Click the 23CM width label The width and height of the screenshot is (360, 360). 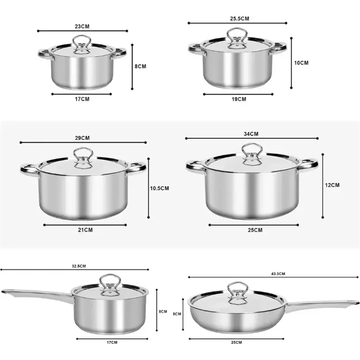click(82, 26)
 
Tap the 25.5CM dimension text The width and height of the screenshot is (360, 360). click(240, 19)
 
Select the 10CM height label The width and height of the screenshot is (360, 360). click(301, 63)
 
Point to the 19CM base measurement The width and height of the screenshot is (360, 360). click(239, 99)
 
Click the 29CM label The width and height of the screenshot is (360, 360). click(82, 138)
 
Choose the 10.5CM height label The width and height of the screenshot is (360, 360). click(159, 189)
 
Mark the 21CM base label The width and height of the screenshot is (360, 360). click(85, 230)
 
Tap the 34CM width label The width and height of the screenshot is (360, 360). click(251, 134)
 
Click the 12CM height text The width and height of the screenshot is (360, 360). click(332, 185)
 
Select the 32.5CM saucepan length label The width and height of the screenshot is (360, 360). click(79, 266)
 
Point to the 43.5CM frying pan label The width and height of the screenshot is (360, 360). click(278, 274)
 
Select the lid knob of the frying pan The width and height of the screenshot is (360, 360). click(238, 289)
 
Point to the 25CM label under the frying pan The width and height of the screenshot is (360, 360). click(236, 342)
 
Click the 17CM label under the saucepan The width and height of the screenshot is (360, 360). click(112, 342)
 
